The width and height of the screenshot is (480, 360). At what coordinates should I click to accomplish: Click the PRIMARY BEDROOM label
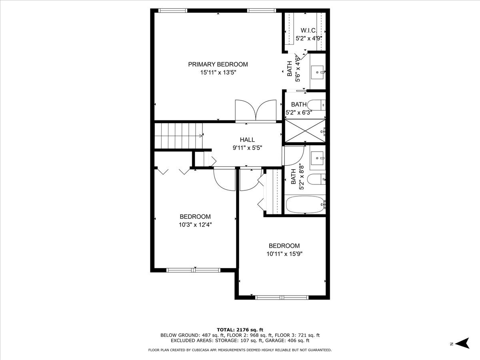218,64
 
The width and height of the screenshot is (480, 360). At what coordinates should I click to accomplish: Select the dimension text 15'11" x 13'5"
218,73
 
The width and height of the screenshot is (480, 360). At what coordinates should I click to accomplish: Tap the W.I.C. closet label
308,30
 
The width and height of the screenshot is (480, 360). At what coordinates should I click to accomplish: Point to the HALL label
247,140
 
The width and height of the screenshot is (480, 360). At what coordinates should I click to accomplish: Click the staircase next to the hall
178,136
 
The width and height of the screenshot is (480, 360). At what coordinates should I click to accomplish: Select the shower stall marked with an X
304,131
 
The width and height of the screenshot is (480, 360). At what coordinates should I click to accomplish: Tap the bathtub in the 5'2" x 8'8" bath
305,205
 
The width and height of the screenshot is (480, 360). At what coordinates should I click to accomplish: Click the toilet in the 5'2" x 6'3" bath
318,105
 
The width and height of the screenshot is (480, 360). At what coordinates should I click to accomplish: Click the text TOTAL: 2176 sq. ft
240,329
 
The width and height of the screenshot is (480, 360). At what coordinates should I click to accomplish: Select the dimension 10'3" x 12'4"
195,225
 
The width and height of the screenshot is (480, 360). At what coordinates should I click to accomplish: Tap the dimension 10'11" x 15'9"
284,254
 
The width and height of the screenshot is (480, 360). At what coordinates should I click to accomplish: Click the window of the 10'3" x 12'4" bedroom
194,270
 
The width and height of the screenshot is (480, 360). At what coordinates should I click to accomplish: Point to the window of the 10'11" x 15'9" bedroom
281,297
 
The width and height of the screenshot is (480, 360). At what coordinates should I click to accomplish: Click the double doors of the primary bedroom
256,111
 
